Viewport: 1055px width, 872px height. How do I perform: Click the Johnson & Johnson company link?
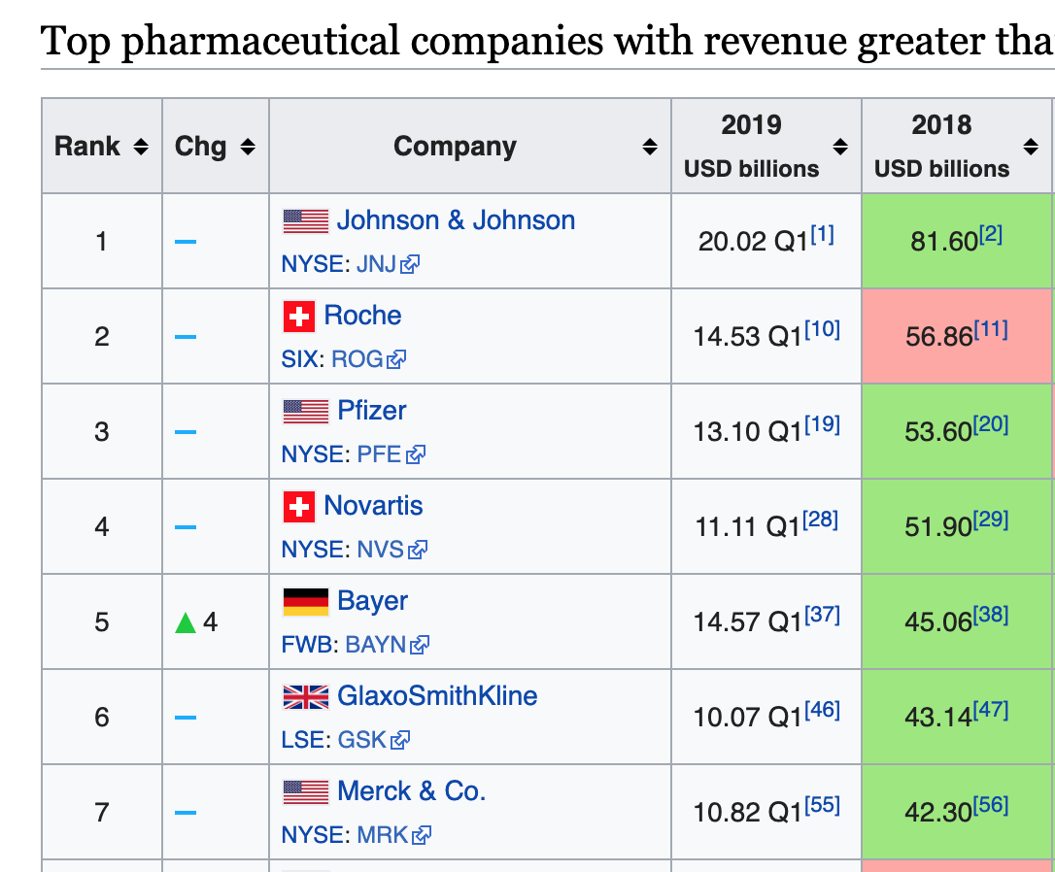[x=456, y=220]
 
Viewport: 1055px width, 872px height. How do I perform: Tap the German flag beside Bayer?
[x=305, y=602]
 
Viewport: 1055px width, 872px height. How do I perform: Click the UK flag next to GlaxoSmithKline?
[x=305, y=697]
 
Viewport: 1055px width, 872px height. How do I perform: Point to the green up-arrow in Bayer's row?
[x=186, y=622]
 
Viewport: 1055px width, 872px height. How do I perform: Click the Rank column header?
[x=87, y=147]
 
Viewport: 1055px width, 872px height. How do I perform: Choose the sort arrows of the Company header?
[x=650, y=148]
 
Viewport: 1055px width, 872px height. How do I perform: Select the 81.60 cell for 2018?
[x=943, y=241]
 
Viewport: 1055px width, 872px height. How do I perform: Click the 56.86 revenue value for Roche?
[x=938, y=336]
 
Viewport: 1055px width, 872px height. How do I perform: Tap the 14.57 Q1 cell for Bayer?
[x=747, y=621]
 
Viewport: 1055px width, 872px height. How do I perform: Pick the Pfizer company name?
[x=372, y=411]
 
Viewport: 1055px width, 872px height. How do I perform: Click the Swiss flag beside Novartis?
[x=298, y=507]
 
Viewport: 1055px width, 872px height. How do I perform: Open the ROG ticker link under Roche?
[x=357, y=359]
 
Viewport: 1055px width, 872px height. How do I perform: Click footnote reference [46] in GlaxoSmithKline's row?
[x=822, y=710]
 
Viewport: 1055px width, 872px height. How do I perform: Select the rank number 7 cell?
[x=102, y=812]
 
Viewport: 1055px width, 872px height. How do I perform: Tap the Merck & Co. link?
[x=411, y=791]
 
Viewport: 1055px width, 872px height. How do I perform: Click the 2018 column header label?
[x=940, y=125]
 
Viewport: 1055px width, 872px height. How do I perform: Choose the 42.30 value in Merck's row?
[x=938, y=812]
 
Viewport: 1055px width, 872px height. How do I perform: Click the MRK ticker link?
[x=383, y=835]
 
